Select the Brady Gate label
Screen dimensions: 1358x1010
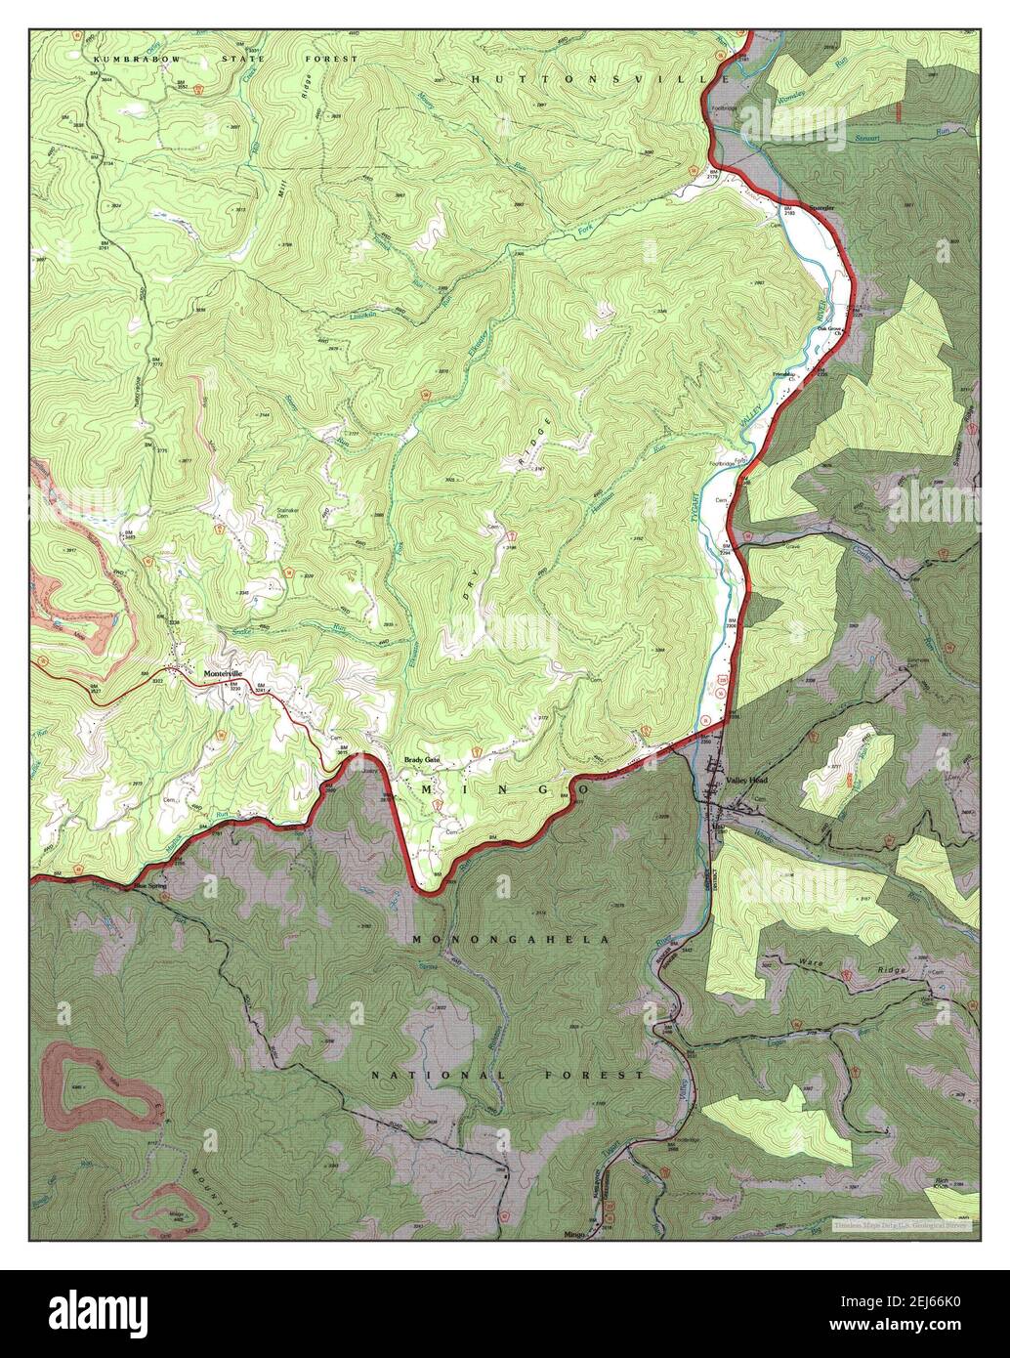click(x=423, y=760)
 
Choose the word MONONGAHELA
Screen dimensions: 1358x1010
click(x=510, y=939)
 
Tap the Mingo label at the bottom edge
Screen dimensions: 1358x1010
click(x=576, y=1234)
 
